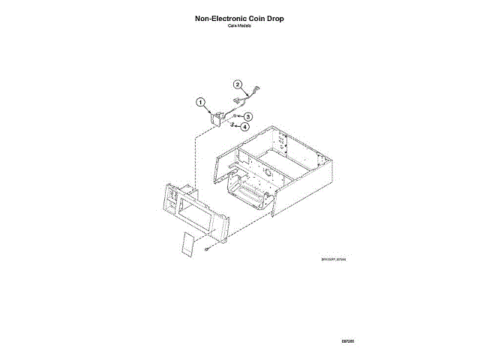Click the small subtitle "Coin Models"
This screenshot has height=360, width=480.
pos(240,25)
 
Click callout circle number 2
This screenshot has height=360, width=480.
pos(237,85)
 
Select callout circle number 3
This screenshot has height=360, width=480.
pos(247,117)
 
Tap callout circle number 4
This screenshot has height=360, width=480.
pos(245,127)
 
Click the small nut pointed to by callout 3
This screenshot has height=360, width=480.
pos(235,117)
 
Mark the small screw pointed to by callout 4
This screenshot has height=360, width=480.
pos(234,126)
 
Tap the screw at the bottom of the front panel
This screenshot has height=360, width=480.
pos(205,249)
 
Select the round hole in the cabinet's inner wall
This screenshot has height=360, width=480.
pos(265,172)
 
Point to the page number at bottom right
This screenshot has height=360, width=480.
pos(346,341)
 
